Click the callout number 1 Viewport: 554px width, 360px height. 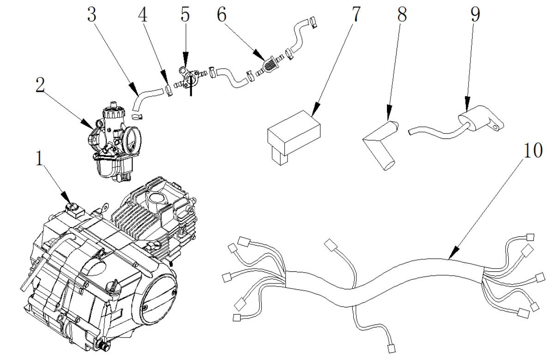(x=39, y=158)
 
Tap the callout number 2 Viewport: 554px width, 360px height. (x=40, y=85)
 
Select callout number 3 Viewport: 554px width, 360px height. (x=92, y=15)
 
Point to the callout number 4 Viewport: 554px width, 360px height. (x=143, y=15)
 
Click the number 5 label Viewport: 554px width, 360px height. (x=185, y=15)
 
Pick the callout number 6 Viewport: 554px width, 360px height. (x=222, y=15)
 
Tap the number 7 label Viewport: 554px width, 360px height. (x=355, y=14)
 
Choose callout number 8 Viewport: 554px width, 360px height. (x=402, y=14)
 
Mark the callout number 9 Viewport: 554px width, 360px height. (x=475, y=14)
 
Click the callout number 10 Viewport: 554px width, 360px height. (x=533, y=150)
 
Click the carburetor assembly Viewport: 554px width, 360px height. (x=114, y=141)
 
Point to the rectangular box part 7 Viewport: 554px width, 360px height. (x=294, y=138)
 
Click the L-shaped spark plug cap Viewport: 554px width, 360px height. (x=381, y=145)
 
